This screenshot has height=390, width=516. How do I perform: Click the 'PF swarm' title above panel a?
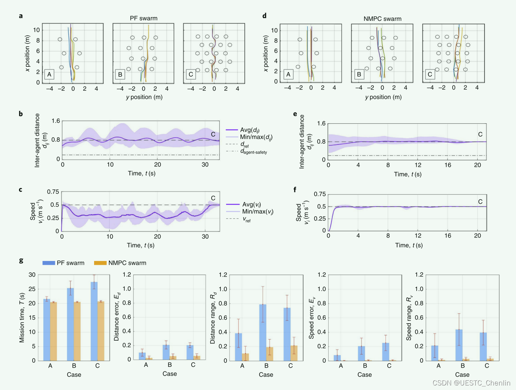[143, 18]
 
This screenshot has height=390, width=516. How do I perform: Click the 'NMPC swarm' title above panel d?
[382, 19]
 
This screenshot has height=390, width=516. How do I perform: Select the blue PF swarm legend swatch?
[49, 263]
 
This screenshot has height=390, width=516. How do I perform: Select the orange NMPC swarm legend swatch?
[100, 263]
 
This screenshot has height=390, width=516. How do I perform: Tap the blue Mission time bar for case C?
[94, 321]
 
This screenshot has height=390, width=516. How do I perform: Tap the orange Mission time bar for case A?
[53, 331]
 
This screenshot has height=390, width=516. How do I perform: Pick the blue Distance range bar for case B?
[263, 332]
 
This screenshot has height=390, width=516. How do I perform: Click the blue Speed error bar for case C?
[385, 352]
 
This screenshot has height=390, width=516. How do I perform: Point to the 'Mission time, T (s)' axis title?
[22, 318]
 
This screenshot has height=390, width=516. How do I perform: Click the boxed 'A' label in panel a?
[49, 74]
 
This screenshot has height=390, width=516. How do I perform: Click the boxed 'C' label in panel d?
[429, 74]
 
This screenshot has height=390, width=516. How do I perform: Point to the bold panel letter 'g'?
[21, 260]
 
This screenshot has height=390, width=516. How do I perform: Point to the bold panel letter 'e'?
[295, 113]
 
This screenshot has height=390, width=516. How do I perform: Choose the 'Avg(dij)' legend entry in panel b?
[250, 130]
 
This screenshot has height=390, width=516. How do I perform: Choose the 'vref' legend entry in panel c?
[247, 219]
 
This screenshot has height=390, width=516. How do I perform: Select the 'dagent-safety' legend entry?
[253, 151]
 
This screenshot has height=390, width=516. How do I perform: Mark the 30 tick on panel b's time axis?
[205, 165]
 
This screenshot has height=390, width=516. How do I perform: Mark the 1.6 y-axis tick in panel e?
[321, 123]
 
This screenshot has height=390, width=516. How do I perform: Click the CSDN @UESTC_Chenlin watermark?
[471, 383]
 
